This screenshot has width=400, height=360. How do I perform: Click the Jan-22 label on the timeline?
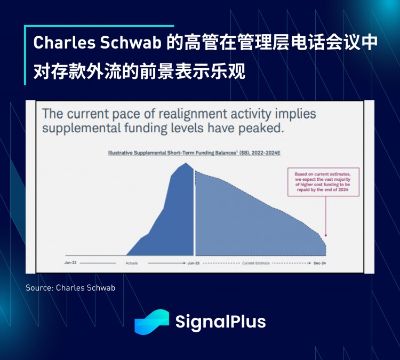click(70, 263)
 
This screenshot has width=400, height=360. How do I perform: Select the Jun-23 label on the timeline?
click(193, 263)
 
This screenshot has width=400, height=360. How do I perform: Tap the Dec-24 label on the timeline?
click(319, 263)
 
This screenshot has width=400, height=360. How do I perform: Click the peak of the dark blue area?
click(186, 164)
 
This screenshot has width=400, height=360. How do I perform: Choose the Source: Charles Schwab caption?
click(70, 287)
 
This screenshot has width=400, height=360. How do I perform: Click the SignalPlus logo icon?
click(151, 322)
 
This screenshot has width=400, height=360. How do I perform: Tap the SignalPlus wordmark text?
click(220, 322)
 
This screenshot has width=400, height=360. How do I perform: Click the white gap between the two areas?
click(194, 213)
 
